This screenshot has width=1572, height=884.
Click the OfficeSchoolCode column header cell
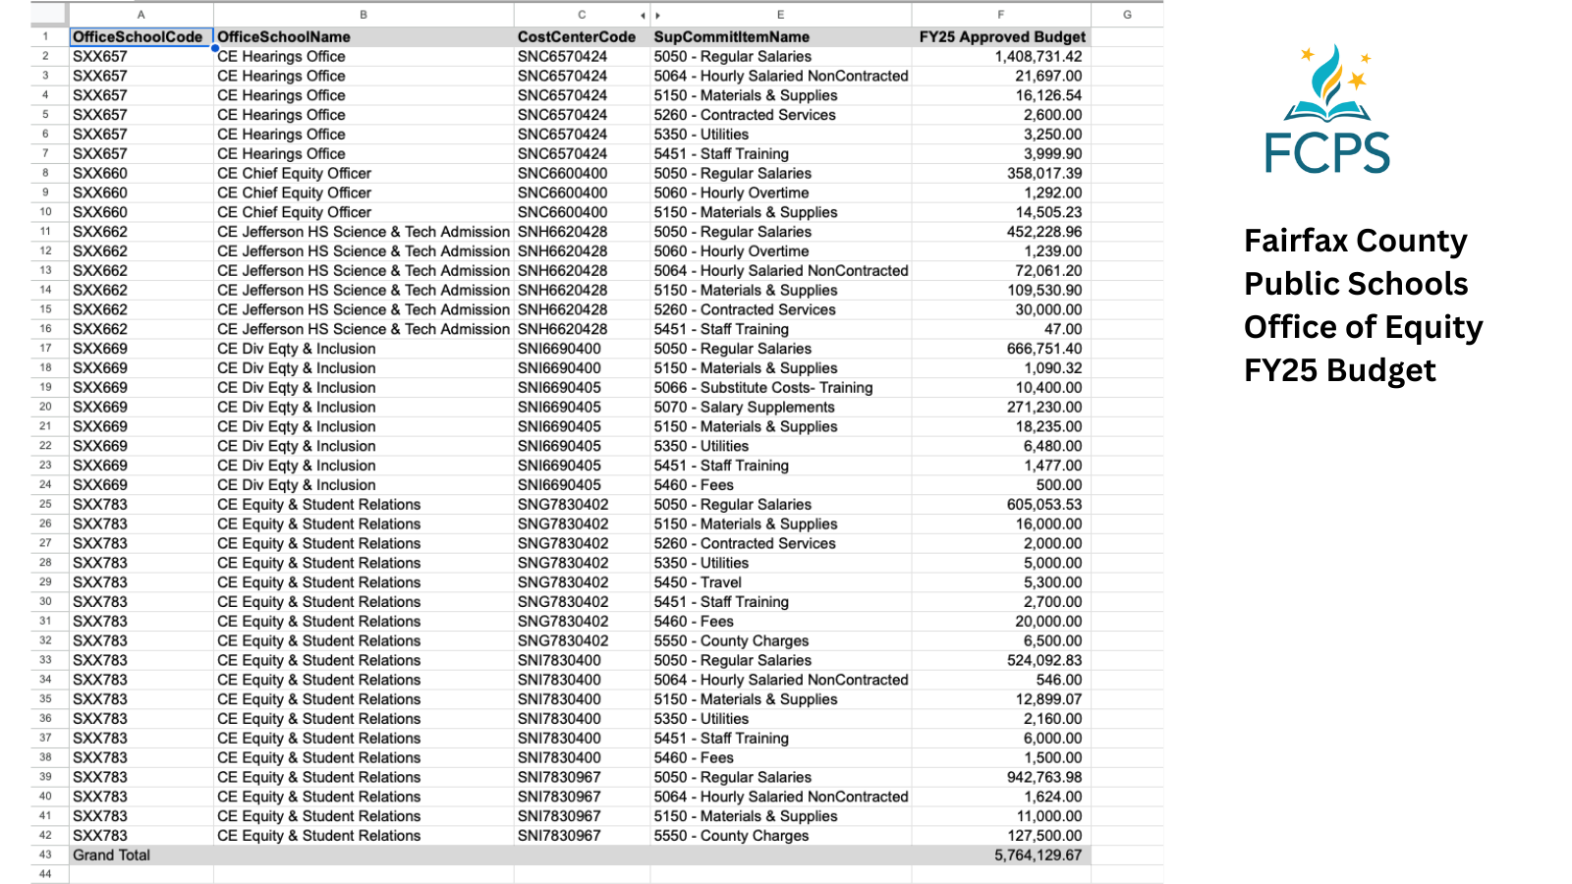coord(139,37)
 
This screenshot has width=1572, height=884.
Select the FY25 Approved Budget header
coord(1002,37)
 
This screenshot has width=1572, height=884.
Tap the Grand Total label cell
coord(112,856)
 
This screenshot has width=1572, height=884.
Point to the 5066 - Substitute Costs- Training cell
coord(763,388)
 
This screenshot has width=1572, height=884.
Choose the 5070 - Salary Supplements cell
coord(745,408)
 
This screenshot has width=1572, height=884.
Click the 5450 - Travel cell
coord(698,582)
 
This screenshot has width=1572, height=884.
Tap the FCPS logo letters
coord(1327,153)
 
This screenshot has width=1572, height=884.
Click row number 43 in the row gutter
coord(45,856)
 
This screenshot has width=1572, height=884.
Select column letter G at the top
coord(1127,15)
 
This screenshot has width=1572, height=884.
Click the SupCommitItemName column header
coord(732,37)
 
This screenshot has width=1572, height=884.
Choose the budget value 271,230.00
coord(1044,408)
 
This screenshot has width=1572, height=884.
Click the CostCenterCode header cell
coord(577,37)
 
